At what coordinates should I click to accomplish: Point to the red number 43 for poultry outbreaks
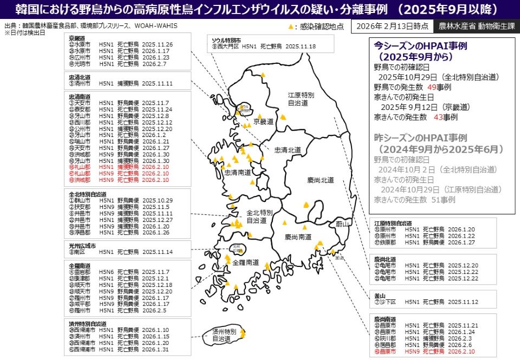pos(439,116)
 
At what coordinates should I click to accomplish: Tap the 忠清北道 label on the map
pos(287,150)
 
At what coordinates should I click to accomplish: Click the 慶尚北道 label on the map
pos(321,180)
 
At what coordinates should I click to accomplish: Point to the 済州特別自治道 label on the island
pos(223,335)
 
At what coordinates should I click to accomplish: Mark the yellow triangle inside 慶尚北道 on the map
pos(306,205)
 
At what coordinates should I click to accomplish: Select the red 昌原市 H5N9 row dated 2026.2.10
pos(423,351)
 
